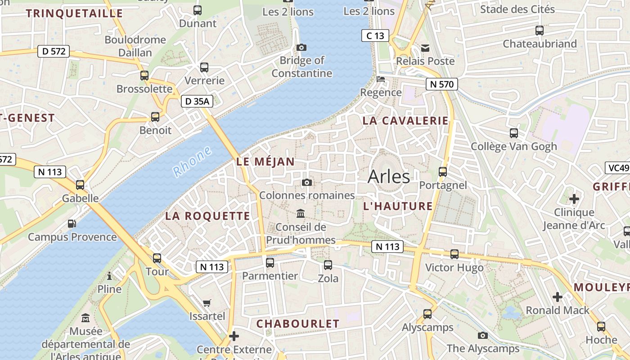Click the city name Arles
[x=389, y=177]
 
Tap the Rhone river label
[x=192, y=161]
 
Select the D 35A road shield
[x=197, y=101]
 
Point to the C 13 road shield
[x=375, y=36]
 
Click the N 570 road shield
[x=441, y=84]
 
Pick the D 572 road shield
[x=53, y=51]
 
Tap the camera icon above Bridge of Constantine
[x=301, y=47]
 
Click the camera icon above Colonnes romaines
[x=307, y=182]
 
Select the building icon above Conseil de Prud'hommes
[x=301, y=213]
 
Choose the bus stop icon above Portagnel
[x=443, y=171]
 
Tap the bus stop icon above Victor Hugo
[x=454, y=254]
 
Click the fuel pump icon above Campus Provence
[x=72, y=223]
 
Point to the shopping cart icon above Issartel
[x=207, y=303]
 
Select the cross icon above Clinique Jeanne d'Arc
[x=574, y=198]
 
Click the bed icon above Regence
[x=381, y=79]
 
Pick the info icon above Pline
[x=109, y=275]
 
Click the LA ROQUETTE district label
[x=207, y=216]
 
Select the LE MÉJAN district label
[x=265, y=162]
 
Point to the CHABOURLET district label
[x=297, y=324]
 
